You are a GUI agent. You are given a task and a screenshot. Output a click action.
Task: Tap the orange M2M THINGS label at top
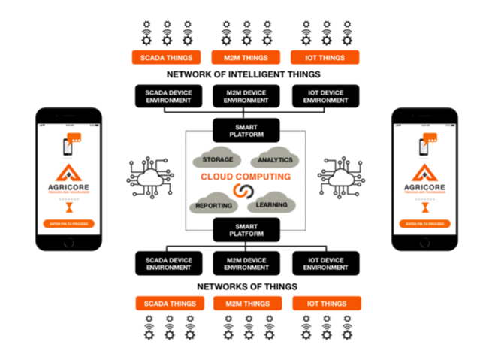pyautogui.click(x=246, y=57)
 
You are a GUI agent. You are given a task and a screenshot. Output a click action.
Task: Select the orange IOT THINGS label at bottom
pyautogui.click(x=325, y=304)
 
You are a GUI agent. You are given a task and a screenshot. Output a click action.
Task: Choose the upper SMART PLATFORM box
pyautogui.click(x=246, y=130)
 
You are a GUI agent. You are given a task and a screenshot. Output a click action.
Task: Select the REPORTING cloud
pyautogui.click(x=214, y=204)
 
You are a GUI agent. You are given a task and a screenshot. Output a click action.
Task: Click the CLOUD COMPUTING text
pyautogui.click(x=245, y=177)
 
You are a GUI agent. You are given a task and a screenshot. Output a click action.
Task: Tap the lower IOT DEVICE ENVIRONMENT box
pyautogui.click(x=325, y=263)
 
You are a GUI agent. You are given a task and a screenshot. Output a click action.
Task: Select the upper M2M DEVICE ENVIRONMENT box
pyautogui.click(x=246, y=95)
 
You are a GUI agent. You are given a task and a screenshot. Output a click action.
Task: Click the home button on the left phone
pyautogui.click(x=68, y=242)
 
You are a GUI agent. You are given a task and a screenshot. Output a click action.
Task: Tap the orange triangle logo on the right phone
pyautogui.click(x=424, y=173)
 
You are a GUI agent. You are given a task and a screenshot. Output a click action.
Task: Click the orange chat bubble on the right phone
pyautogui.click(x=430, y=138)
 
